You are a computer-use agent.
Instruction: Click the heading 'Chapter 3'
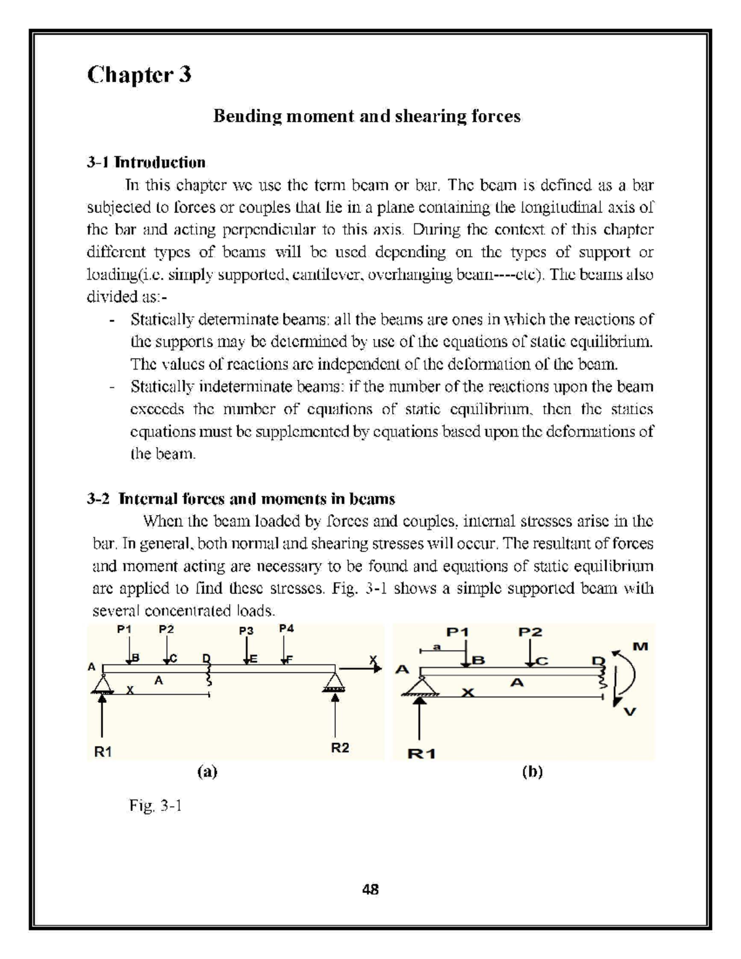(139, 75)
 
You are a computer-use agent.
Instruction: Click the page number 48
(371, 890)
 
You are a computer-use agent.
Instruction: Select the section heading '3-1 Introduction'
(146, 162)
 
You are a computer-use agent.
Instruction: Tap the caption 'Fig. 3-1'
(155, 805)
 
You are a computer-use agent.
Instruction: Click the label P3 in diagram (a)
(246, 630)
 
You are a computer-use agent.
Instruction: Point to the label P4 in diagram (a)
(287, 629)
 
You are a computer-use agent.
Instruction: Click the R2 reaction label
(340, 747)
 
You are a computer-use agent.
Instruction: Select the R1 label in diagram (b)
(422, 753)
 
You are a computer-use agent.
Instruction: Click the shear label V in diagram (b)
(629, 712)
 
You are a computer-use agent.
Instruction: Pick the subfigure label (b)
(532, 771)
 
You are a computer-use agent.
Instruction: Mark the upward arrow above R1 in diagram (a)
(103, 716)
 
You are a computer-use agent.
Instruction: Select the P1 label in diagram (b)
(458, 632)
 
